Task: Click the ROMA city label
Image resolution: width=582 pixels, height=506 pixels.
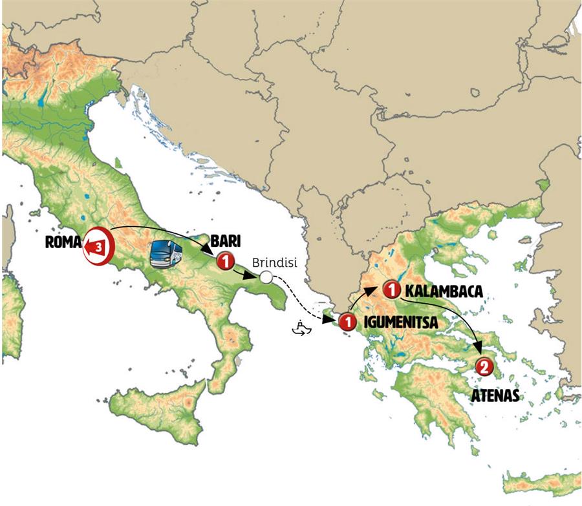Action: tap(63, 244)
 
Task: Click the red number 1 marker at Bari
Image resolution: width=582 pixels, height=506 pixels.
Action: tap(224, 261)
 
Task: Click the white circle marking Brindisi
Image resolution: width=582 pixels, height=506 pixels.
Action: tap(265, 278)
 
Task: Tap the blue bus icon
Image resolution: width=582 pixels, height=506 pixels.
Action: tap(166, 254)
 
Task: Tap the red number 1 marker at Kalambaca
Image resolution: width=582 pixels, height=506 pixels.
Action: tap(390, 288)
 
